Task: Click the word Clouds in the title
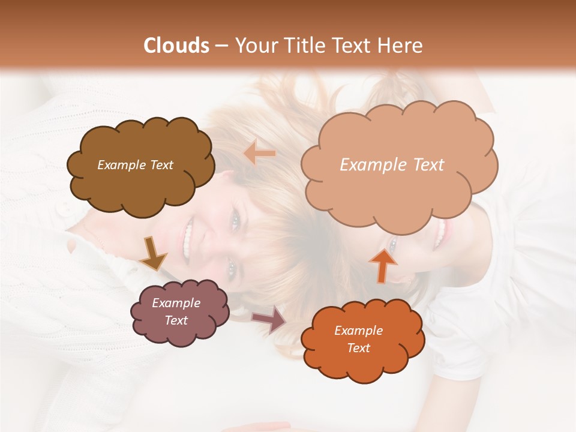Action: [x=177, y=46]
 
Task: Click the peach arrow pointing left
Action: [x=260, y=154]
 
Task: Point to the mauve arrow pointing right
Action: [x=269, y=320]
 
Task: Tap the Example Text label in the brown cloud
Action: [x=135, y=165]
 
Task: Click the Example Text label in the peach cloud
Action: [x=392, y=165]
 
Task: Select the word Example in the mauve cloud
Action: [x=176, y=303]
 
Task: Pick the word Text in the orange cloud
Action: [x=358, y=348]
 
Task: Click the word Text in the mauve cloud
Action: [x=176, y=320]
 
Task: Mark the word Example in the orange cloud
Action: [x=358, y=331]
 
